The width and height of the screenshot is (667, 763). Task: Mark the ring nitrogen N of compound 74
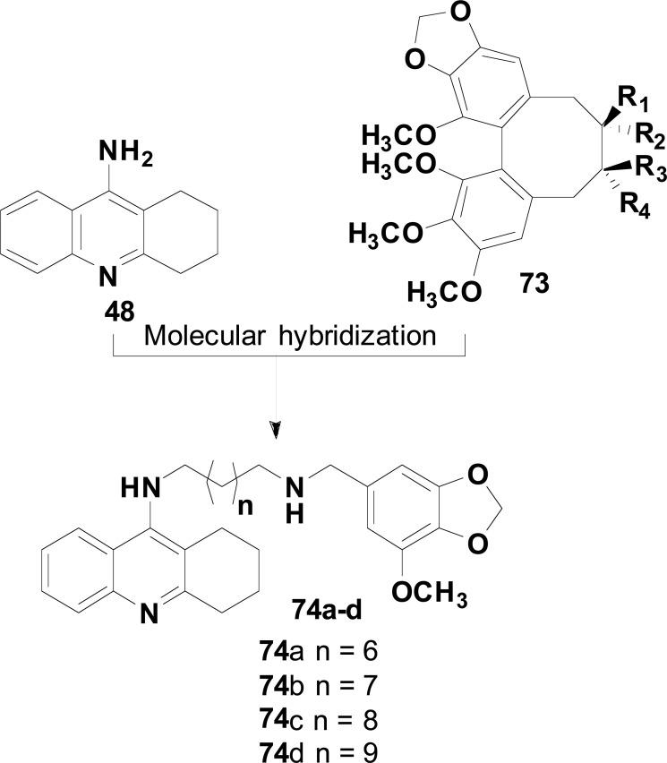[x=149, y=612]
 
